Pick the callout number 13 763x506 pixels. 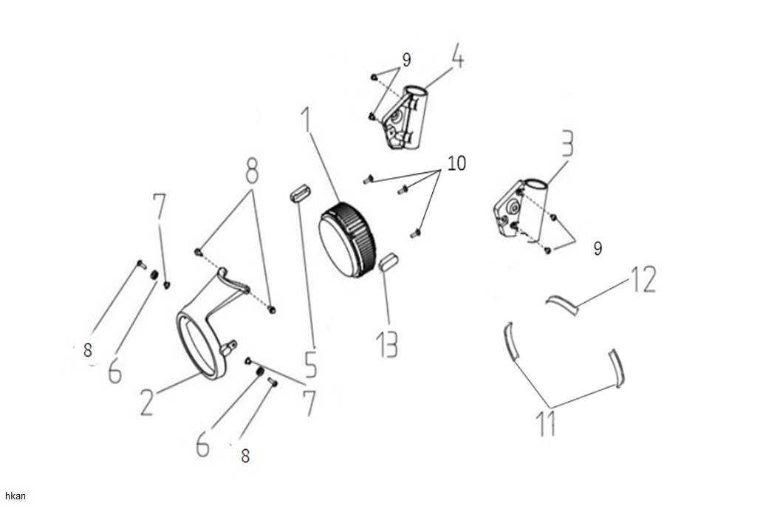pyautogui.click(x=387, y=345)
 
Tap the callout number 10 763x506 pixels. pyautogui.click(x=456, y=163)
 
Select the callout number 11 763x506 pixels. pyautogui.click(x=546, y=423)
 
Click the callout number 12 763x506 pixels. pyautogui.click(x=643, y=279)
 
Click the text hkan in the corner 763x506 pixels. pyautogui.click(x=15, y=496)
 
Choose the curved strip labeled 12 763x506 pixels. pyautogui.click(x=563, y=304)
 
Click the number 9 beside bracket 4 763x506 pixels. pyautogui.click(x=406, y=60)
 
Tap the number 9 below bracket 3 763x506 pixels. pyautogui.click(x=598, y=249)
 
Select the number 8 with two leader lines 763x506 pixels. pyautogui.click(x=251, y=171)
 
